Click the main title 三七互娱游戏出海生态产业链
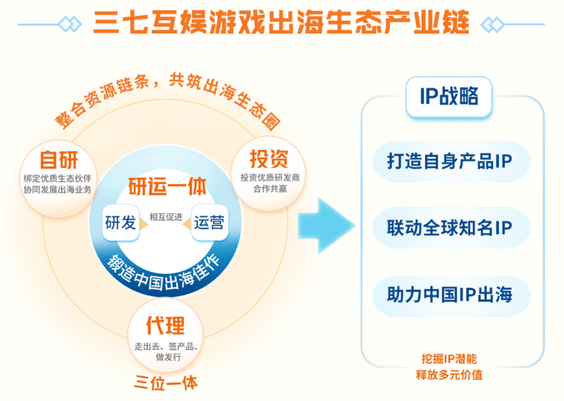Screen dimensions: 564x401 click(281, 23)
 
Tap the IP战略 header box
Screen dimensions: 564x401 click(448, 97)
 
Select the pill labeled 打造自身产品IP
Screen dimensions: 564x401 click(451, 161)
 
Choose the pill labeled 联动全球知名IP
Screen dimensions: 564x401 click(451, 228)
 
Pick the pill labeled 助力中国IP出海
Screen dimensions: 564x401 click(451, 295)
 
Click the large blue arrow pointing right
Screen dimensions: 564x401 click(327, 225)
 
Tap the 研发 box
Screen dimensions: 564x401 click(121, 223)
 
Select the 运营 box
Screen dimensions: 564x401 click(209, 223)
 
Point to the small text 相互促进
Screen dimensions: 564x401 click(166, 217)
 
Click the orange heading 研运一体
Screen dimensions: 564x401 click(168, 186)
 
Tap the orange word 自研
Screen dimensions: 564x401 click(59, 160)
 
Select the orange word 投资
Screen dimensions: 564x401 click(269, 159)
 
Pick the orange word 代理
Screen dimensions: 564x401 click(165, 325)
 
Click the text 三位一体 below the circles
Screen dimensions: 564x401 click(166, 382)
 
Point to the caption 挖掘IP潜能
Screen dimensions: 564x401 click(450, 359)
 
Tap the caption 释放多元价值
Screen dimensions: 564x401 click(450, 374)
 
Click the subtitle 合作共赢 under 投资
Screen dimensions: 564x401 click(270, 189)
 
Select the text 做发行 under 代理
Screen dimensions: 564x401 click(168, 357)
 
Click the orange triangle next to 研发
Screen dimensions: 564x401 click(144, 224)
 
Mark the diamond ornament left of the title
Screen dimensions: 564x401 click(70, 24)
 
